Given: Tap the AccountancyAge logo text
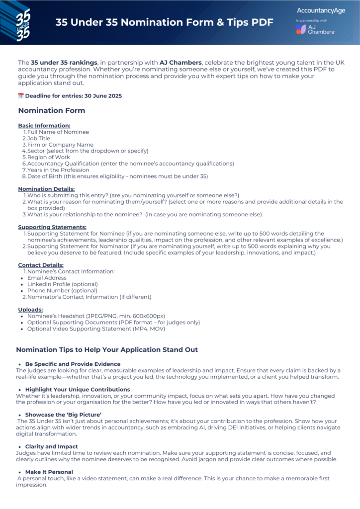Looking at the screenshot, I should coord(320,10).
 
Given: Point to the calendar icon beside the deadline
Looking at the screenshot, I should coord(21,96).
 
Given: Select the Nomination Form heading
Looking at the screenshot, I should coord(51,111).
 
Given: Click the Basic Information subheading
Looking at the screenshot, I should coord(44,126).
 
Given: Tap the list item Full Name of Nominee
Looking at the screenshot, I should coord(58,132).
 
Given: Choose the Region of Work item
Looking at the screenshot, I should coord(49,157).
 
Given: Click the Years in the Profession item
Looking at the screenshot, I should coord(59,170).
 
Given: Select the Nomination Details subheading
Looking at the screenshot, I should coord(46,189).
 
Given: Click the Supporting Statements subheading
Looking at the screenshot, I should coord(52,227).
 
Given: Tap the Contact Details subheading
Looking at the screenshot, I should coord(41,265).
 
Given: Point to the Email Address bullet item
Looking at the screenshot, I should coord(47,278).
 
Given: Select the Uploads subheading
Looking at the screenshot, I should coord(30,310).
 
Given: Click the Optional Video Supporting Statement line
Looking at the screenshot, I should coord(96,329).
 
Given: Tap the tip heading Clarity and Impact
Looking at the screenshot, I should coord(52,446).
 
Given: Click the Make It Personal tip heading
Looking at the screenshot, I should coord(49,472).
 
